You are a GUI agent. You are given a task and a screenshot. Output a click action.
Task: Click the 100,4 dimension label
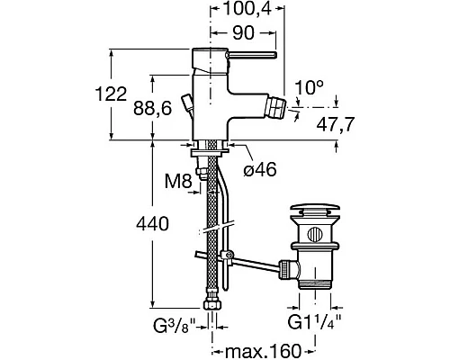[247, 9]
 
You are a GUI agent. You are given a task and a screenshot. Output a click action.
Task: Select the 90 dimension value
[243, 32]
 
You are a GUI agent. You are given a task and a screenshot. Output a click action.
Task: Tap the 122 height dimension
[111, 94]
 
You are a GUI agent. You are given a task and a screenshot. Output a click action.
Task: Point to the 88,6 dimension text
[153, 108]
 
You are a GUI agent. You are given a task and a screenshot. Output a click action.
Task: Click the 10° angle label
[309, 87]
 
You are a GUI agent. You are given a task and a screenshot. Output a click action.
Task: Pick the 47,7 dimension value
[336, 124]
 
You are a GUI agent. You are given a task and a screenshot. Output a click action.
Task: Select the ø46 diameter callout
[260, 170]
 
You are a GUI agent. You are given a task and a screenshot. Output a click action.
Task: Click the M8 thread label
[178, 181]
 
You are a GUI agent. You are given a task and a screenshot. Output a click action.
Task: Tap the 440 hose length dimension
[152, 224]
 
